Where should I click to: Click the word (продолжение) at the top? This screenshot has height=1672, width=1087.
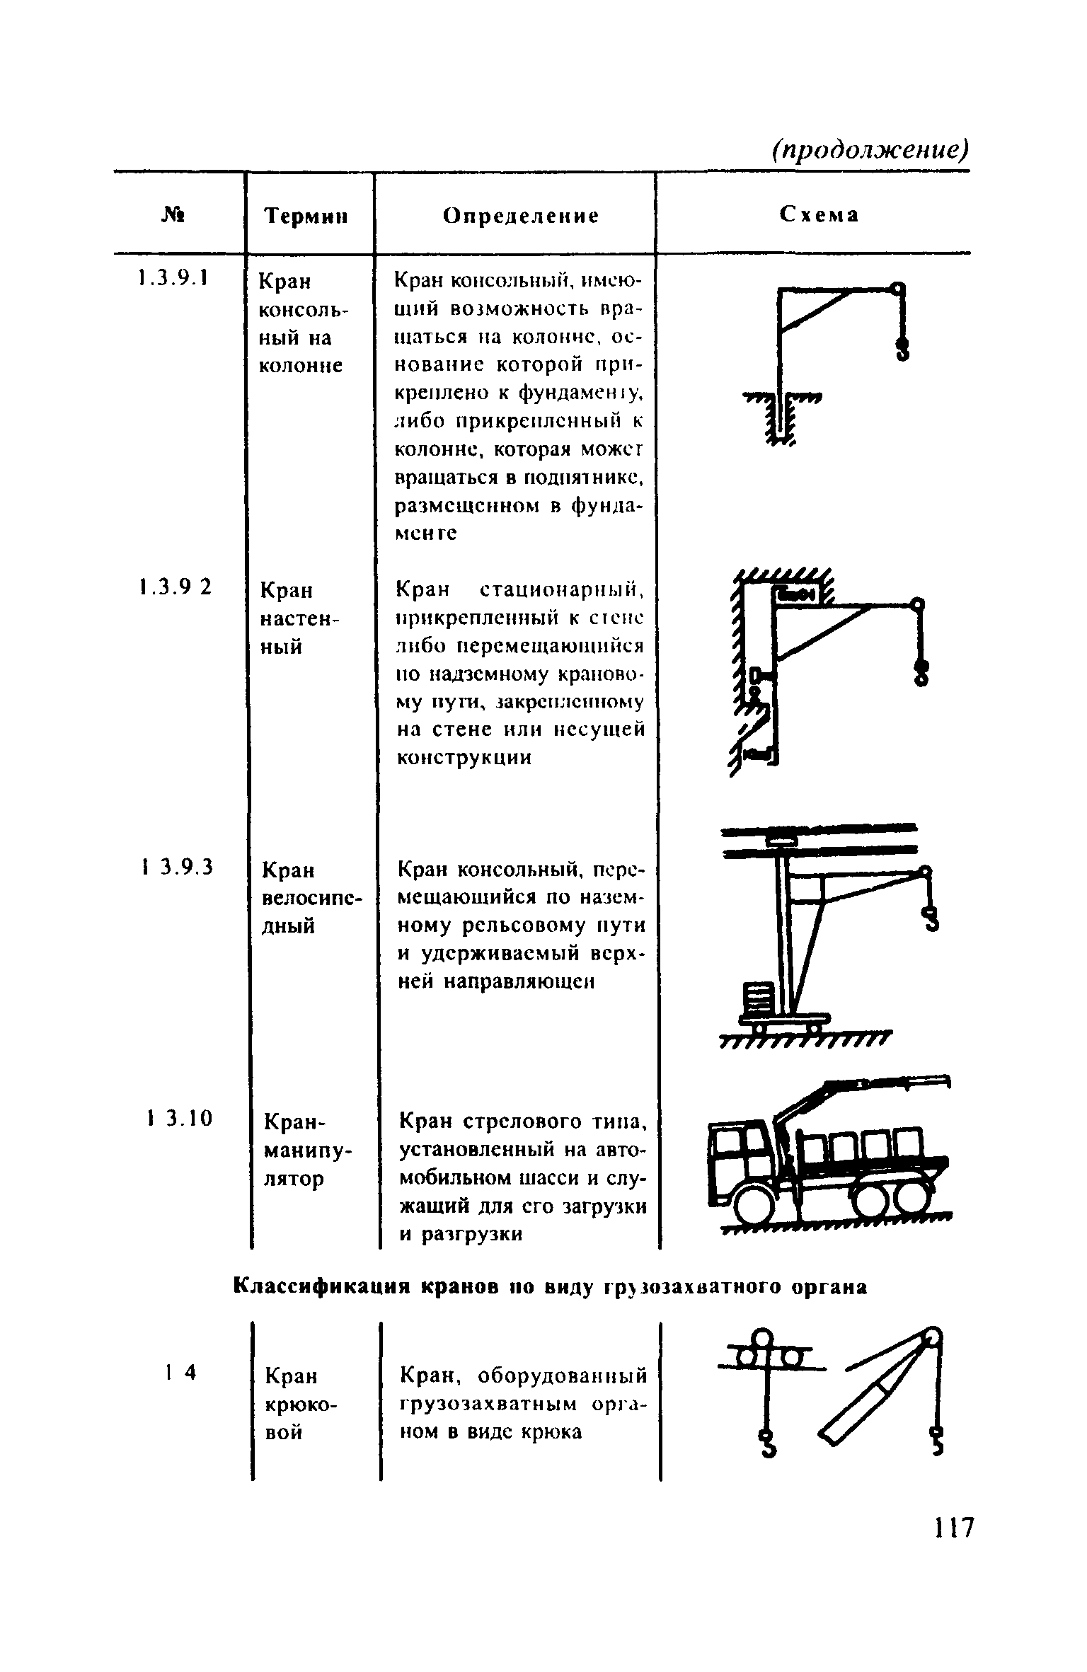(x=870, y=149)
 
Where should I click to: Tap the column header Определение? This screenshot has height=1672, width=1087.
(x=521, y=216)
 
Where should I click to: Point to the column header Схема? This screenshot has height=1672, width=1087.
(x=819, y=214)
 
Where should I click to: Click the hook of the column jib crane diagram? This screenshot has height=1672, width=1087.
(x=902, y=347)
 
